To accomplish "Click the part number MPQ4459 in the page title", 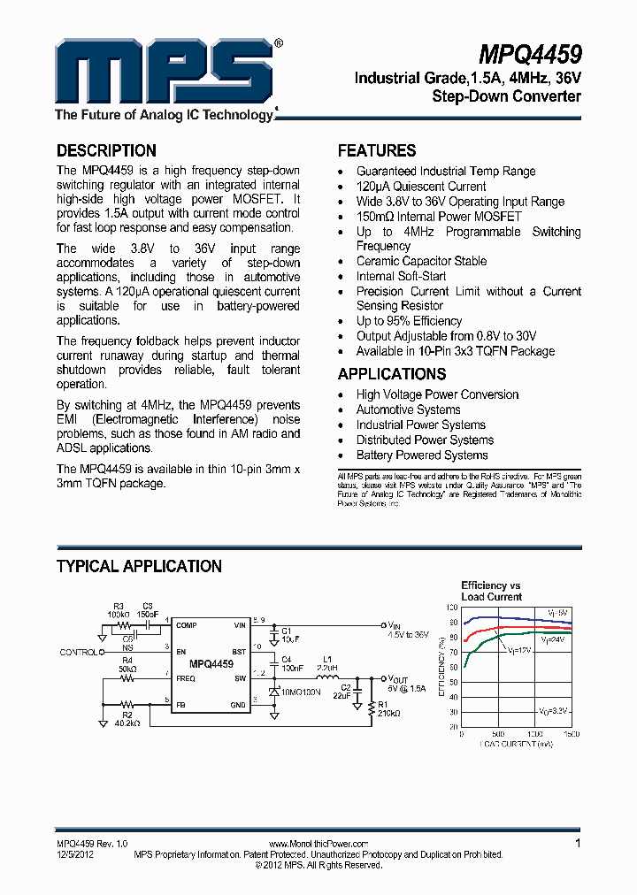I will [530, 54].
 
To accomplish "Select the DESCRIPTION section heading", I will [106, 150].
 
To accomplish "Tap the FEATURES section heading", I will [377, 150].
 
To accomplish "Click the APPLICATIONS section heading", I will [392, 374].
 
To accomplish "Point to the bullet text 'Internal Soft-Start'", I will [401, 276].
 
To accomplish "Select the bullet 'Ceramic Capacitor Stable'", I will [421, 261].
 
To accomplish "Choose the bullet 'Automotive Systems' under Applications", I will [408, 409].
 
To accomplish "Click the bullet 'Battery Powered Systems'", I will [422, 455].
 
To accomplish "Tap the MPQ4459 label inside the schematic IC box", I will [211, 662].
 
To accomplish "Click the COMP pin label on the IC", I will [186, 625].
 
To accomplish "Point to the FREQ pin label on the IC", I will [186, 679].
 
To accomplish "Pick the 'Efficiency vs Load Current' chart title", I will [491, 591].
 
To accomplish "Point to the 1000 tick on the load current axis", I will [534, 734].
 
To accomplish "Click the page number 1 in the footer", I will [578, 844].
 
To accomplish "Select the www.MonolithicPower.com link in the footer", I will [318, 845].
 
